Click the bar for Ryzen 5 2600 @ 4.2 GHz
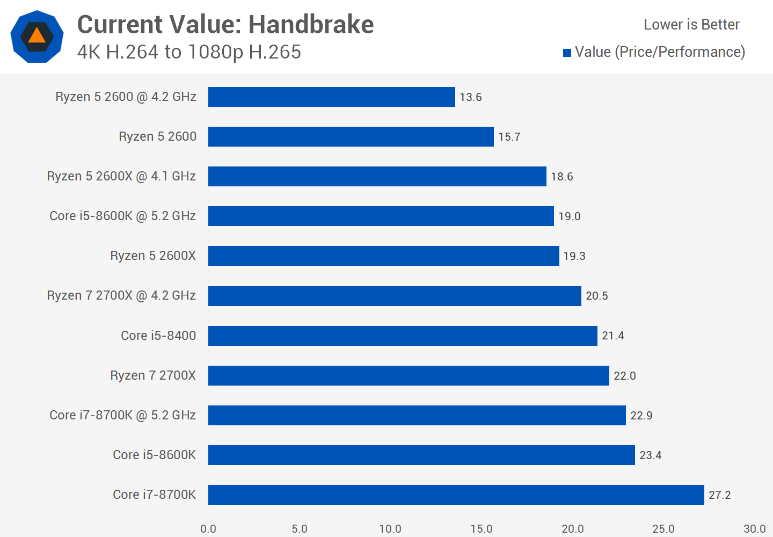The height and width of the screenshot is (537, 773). pos(331,97)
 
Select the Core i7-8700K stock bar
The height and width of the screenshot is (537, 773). pos(456,495)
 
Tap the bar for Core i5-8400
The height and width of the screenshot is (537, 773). pos(403,336)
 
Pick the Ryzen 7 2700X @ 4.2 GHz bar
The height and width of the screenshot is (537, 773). pos(395,296)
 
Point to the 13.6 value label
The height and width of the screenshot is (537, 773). pos(470,97)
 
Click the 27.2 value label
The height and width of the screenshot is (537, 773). pos(719,495)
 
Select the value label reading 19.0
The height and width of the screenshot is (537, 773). pos(569,216)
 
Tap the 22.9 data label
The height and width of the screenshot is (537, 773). pos(641,416)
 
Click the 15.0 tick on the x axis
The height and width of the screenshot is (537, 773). pos(482,529)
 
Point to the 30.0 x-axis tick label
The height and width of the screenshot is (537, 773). pos(754,529)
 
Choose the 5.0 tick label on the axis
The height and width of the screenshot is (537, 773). pos(300,529)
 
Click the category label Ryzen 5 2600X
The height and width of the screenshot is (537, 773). pos(153,256)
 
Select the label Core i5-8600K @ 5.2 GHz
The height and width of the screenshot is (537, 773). pos(122,216)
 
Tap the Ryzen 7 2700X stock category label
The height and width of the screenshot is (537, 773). pos(153,375)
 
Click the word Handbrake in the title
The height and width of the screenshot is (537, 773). pos(311,25)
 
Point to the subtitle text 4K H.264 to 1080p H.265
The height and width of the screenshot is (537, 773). pos(189,52)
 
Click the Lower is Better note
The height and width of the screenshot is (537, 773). pos(691,25)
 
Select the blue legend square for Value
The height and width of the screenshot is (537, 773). pos(567,53)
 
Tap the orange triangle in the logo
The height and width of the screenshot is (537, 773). pos(37,36)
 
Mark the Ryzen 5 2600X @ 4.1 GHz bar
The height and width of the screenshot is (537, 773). pos(377,176)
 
